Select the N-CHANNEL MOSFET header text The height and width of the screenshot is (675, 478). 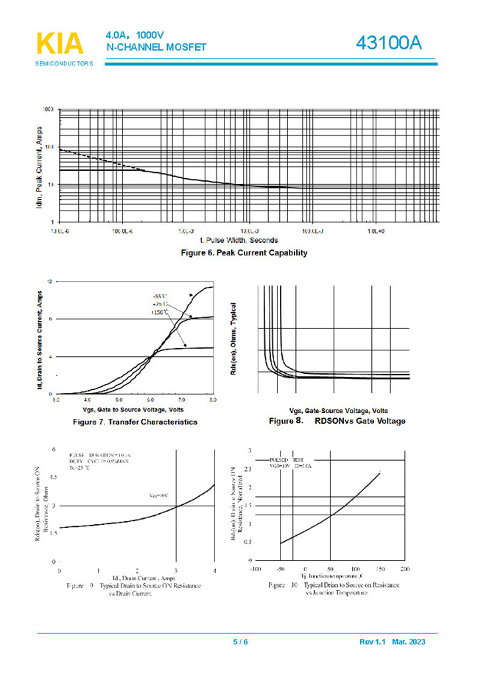(x=156, y=48)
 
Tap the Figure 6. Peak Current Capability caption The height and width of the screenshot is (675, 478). (x=244, y=252)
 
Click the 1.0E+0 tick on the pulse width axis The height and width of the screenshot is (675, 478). (x=376, y=230)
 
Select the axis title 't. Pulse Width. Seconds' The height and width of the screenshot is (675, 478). (x=239, y=240)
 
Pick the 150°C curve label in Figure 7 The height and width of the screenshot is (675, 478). (x=161, y=313)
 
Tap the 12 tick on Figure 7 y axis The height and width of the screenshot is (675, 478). (x=49, y=282)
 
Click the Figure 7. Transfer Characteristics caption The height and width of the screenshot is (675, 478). (x=135, y=423)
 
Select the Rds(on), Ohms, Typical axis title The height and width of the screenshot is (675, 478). (x=233, y=339)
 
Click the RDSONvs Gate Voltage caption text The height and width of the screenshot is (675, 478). (x=359, y=421)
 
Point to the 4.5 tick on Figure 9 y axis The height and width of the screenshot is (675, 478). (x=52, y=477)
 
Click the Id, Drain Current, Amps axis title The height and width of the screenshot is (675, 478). (x=136, y=578)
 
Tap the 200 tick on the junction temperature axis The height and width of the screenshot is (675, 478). (x=404, y=570)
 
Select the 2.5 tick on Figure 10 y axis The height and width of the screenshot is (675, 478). (x=247, y=469)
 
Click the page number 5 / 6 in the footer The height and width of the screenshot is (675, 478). (x=240, y=642)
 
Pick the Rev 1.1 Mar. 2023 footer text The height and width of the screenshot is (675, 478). (x=392, y=642)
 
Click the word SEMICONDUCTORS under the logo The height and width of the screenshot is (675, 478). (x=64, y=64)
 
